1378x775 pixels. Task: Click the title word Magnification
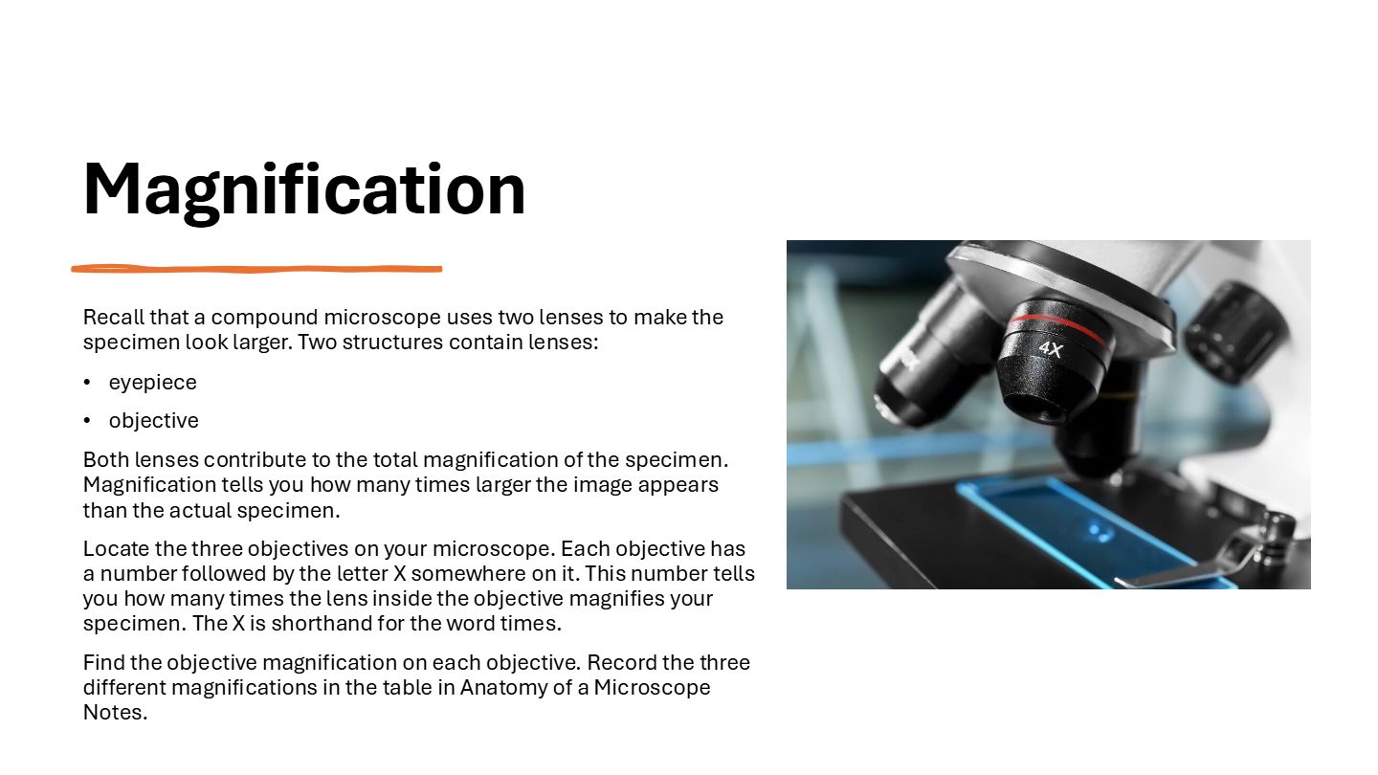click(x=304, y=190)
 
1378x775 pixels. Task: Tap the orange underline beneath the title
click(x=256, y=269)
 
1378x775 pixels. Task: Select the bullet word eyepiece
click(x=152, y=383)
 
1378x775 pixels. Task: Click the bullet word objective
click(x=154, y=421)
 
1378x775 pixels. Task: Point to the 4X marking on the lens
click(x=1051, y=349)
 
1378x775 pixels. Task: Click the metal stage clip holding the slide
click(x=1206, y=557)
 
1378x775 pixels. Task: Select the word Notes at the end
click(x=115, y=713)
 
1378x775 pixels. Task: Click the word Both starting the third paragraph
click(x=106, y=460)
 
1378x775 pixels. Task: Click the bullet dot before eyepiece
click(x=87, y=383)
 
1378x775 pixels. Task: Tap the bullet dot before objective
click(x=87, y=421)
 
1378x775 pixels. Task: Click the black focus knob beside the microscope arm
click(x=1235, y=332)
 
